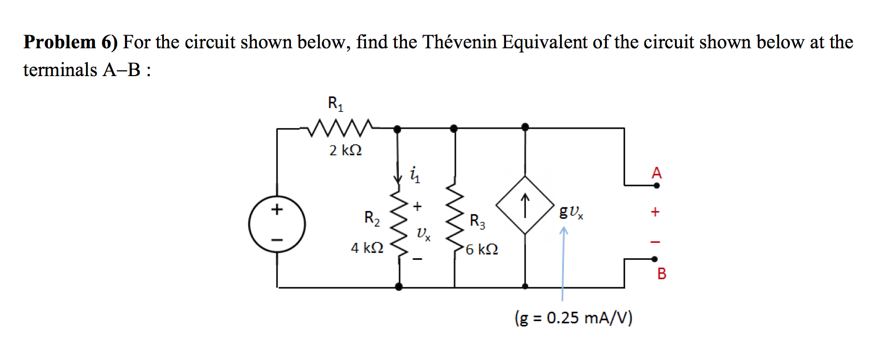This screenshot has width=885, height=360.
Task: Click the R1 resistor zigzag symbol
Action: point(341,128)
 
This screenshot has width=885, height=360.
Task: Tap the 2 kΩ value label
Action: point(345,151)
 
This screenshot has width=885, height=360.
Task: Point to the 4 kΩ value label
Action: point(367,248)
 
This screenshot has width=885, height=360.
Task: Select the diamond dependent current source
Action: point(525,205)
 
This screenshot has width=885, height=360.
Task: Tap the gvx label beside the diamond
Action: point(571,211)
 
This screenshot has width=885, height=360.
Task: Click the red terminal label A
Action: point(657,173)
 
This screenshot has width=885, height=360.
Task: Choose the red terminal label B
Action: point(662,273)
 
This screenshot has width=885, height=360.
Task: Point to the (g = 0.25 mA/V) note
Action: point(574,318)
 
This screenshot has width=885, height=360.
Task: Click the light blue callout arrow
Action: point(563,262)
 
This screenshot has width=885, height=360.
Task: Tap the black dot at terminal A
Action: point(657,185)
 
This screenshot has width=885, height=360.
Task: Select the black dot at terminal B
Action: point(655,259)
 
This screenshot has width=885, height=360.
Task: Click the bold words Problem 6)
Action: point(71,43)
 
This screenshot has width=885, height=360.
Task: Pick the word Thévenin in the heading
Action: point(459,42)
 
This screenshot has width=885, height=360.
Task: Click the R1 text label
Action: point(335,103)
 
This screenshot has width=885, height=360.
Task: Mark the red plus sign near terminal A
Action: point(655,212)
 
